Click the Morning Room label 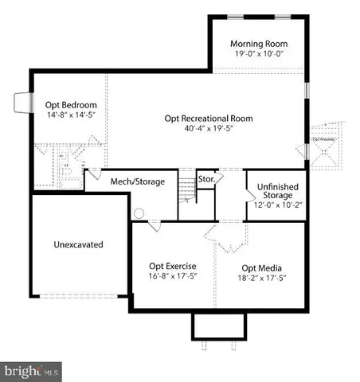[x=259, y=43]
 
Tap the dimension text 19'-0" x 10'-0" [x=259, y=53]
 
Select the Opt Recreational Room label [x=209, y=119]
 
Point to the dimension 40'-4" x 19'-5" [x=209, y=129]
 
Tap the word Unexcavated [x=80, y=244]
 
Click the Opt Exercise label [x=173, y=266]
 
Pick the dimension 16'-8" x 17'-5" [x=173, y=277]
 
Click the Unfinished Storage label [x=276, y=192]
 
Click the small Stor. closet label [x=206, y=180]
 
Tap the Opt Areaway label [x=323, y=139]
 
